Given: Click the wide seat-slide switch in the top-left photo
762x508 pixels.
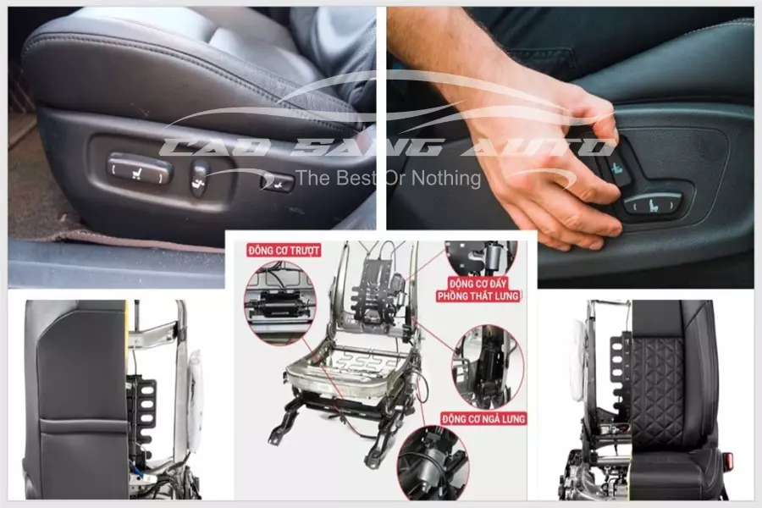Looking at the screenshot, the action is click(x=140, y=168).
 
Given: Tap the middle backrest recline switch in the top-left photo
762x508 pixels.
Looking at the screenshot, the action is click(x=199, y=178).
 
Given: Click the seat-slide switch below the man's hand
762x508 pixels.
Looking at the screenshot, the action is click(x=653, y=203).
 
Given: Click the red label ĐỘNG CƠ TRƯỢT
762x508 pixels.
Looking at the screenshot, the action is click(x=284, y=251).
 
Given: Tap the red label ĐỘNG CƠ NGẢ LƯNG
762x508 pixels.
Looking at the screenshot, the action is click(x=484, y=418).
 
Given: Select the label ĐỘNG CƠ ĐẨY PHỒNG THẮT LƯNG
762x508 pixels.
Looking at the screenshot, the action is click(x=478, y=290).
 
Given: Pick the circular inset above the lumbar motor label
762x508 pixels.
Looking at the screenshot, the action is click(x=481, y=258).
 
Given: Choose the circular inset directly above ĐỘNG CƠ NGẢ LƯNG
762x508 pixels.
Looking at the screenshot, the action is click(x=488, y=367).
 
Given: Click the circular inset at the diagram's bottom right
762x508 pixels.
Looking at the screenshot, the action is click(x=433, y=463).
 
